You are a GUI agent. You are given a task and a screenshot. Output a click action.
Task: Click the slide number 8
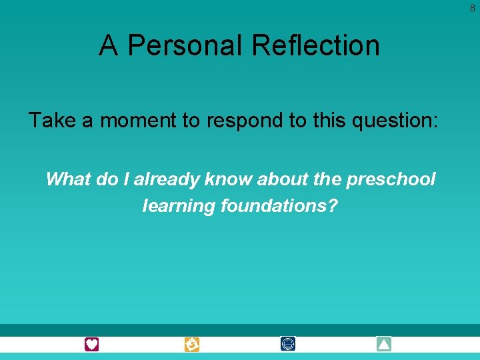tap(472, 8)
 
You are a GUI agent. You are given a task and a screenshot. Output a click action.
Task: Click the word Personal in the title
tap(185, 45)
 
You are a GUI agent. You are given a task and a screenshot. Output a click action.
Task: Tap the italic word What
tap(67, 179)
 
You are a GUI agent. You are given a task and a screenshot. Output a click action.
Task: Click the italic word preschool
tap(391, 180)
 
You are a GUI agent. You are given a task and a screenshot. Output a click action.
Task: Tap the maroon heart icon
tap(91, 345)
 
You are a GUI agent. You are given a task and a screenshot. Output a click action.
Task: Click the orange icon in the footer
tap(192, 345)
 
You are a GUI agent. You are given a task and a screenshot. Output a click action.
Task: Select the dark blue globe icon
tap(288, 345)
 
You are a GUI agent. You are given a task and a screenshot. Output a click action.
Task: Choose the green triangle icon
tap(383, 345)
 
